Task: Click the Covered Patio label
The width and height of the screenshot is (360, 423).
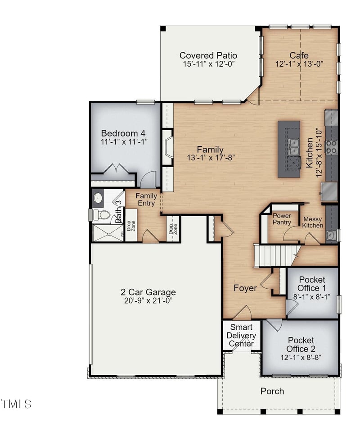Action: [x=208, y=55]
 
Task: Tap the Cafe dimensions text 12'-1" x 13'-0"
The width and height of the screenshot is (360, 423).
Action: [x=299, y=64]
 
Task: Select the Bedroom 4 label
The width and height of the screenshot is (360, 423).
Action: [x=123, y=133]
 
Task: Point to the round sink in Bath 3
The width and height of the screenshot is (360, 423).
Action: [x=98, y=198]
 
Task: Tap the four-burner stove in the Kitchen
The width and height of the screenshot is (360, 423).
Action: [x=332, y=147]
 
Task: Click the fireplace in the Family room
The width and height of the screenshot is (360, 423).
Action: [x=167, y=147]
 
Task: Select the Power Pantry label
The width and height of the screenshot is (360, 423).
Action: [x=282, y=219]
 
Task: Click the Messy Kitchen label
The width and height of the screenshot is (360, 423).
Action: [x=313, y=222]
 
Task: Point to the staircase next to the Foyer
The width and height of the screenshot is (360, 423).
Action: [x=274, y=255]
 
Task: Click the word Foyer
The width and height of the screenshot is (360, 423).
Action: [x=245, y=288]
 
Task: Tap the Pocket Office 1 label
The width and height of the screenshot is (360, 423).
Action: [x=312, y=284]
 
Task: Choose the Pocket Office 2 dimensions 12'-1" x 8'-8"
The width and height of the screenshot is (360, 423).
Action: [x=301, y=358]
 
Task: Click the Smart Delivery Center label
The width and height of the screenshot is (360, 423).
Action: [x=241, y=335]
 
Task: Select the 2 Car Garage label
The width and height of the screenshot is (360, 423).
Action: [x=148, y=292]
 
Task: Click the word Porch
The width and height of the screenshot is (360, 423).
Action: [x=272, y=391]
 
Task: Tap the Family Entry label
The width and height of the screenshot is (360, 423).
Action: [x=146, y=200]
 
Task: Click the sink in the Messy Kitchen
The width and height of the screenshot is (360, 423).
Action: [x=330, y=236]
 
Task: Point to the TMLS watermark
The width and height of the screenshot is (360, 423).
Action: [x=16, y=404]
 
